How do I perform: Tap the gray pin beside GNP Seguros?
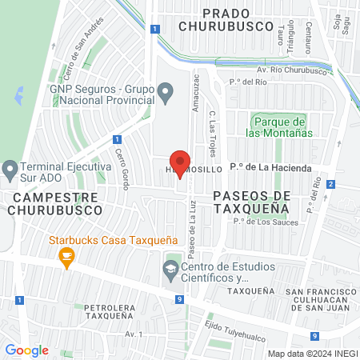(166, 93)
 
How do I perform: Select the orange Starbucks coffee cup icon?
(66, 256)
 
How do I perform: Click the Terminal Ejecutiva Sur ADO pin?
(10, 170)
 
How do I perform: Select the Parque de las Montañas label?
(282, 127)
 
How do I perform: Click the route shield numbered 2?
(330, 184)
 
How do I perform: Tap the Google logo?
(26, 350)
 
